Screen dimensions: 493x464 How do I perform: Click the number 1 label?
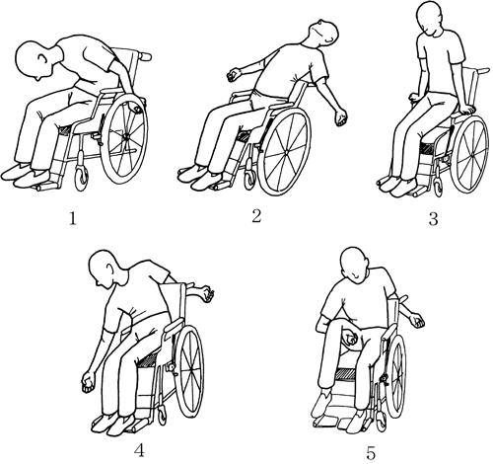click(x=72, y=218)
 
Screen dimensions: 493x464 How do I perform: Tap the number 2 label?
click(x=256, y=216)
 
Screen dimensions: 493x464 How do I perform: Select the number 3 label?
click(x=433, y=218)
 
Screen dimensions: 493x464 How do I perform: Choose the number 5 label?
click(x=371, y=453)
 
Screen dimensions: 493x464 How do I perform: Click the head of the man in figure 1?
click(x=34, y=61)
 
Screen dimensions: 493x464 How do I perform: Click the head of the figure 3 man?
click(x=429, y=17)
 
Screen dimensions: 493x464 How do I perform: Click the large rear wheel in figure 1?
click(x=122, y=139)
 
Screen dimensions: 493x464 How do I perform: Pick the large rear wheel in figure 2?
click(x=284, y=152)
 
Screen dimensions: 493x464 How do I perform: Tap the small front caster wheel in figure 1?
click(x=81, y=178)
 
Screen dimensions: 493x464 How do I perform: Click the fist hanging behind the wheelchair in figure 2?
click(x=341, y=117)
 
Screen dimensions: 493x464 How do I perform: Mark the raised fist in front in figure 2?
click(x=234, y=75)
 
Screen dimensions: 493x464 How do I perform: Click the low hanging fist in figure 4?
click(x=88, y=382)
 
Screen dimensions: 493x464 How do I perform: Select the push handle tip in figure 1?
click(x=145, y=56)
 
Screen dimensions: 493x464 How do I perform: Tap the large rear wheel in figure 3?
click(x=469, y=154)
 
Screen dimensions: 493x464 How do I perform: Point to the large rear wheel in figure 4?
click(x=188, y=371)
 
